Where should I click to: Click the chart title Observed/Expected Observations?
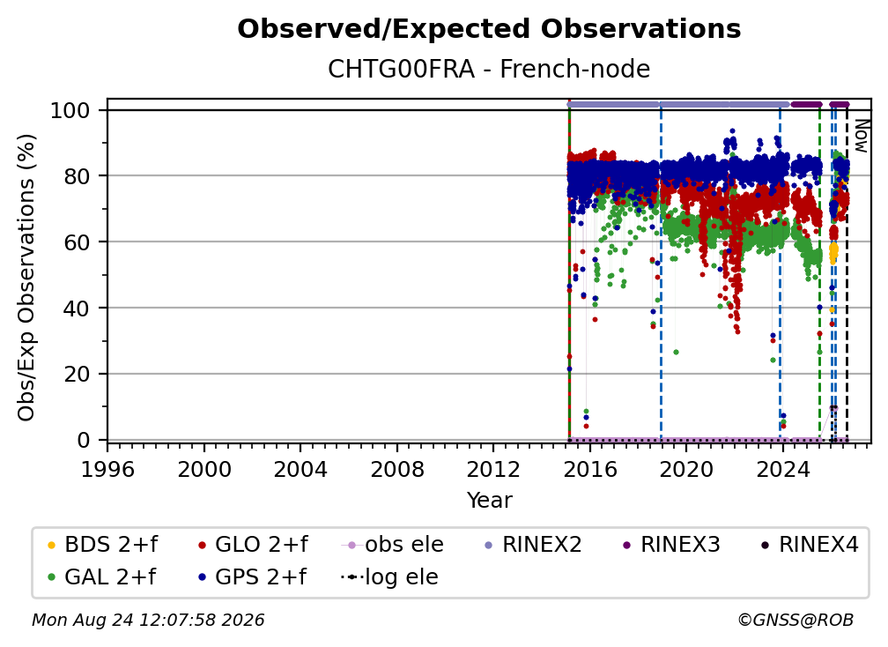[x=489, y=29]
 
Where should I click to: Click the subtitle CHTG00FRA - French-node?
[x=489, y=69]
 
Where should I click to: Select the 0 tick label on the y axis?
[x=84, y=440]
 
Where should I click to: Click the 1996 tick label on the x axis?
[x=107, y=469]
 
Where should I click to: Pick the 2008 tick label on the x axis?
[x=397, y=469]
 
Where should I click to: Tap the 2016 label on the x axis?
[x=590, y=469]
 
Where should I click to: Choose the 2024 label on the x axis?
[x=782, y=469]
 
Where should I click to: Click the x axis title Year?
[x=489, y=501]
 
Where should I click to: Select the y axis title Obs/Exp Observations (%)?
[x=26, y=278]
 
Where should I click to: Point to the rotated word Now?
[x=861, y=136]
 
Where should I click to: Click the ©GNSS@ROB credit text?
[x=795, y=620]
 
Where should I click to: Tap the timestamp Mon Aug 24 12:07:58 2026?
[x=148, y=620]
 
